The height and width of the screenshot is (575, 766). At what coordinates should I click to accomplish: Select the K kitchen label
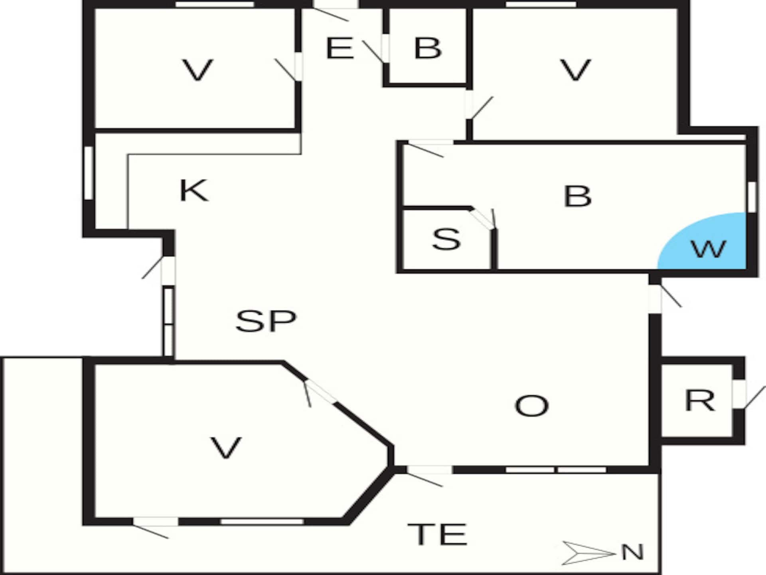[193, 190]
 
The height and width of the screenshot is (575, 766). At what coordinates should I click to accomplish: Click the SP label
[266, 321]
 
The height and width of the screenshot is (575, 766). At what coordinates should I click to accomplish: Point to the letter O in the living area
[532, 406]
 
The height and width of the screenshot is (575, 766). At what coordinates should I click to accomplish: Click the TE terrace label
[437, 534]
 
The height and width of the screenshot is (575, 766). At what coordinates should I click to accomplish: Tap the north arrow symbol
[588, 553]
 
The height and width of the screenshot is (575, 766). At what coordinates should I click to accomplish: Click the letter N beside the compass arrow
[632, 553]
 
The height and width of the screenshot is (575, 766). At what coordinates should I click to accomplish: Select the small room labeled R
[697, 401]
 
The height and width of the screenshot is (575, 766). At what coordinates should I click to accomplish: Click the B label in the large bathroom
[577, 196]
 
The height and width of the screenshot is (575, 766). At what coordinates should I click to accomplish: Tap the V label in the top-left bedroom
[197, 70]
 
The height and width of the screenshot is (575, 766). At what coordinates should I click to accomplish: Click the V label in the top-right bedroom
[575, 70]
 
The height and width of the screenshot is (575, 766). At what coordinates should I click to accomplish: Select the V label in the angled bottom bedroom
[226, 447]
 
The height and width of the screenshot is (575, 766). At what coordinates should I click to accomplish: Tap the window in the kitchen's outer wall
[89, 173]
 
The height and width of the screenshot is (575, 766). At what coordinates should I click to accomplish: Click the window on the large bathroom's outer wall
[752, 196]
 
